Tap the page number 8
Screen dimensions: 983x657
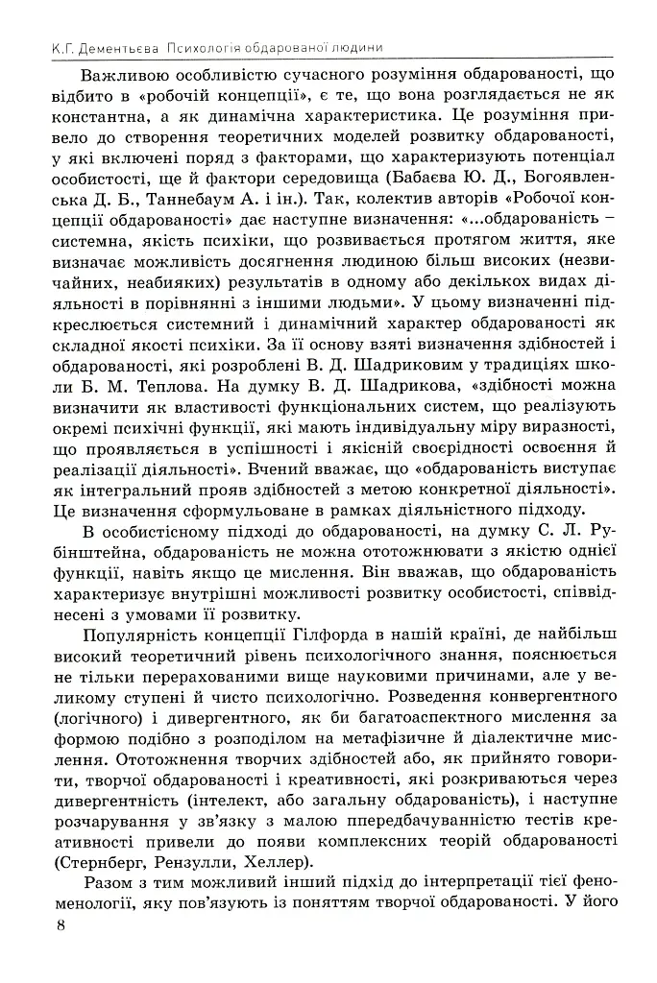[x=61, y=925]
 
